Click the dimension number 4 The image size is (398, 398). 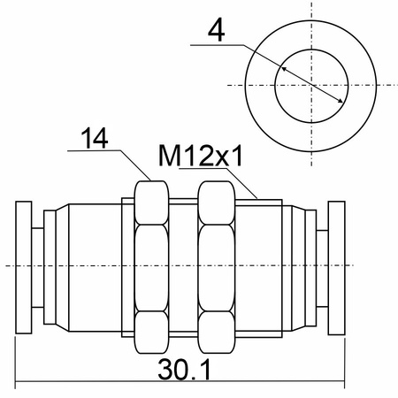[217, 30]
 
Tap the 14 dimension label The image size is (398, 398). [95, 138]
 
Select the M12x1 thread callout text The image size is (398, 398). [201, 156]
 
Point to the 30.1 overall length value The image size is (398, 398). [185, 369]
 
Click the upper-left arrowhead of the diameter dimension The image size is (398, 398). [283, 69]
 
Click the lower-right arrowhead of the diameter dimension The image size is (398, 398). [340, 101]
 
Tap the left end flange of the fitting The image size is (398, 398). [24, 267]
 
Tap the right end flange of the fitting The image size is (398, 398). [337, 268]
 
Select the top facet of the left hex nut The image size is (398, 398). [151, 203]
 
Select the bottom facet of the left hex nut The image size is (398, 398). [151, 333]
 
